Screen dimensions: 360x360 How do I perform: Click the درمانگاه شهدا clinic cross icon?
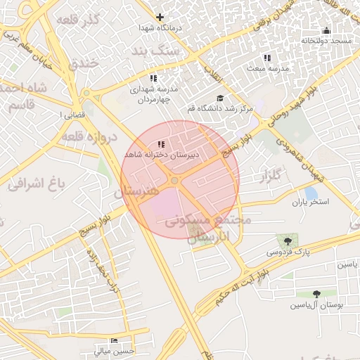[160, 17]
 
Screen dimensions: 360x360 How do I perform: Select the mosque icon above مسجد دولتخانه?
[326, 30]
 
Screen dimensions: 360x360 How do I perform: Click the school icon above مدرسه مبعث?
[266, 58]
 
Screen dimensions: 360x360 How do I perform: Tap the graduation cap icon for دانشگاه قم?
[219, 98]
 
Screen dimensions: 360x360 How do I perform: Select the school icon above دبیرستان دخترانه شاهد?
[162, 143]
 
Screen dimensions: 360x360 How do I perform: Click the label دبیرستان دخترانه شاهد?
[161, 154]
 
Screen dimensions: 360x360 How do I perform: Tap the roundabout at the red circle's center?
[174, 181]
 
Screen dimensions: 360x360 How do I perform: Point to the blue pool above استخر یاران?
[310, 192]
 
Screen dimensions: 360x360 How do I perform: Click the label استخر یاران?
[310, 202]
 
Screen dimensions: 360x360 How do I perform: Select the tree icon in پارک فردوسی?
[287, 240]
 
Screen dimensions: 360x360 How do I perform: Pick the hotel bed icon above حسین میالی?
[115, 341]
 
